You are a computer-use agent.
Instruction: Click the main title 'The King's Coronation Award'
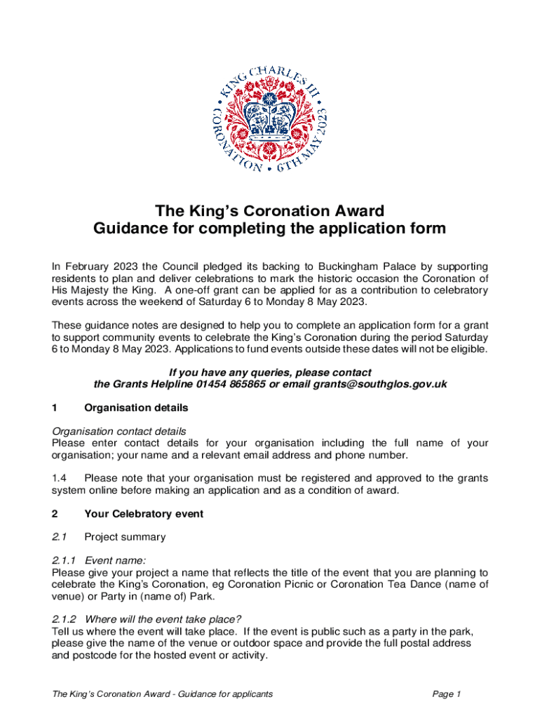pos(270,211)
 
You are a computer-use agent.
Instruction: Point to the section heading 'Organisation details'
pos(136,407)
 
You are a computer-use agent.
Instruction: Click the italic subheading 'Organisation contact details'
pos(119,431)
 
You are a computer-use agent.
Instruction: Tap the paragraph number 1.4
pos(60,478)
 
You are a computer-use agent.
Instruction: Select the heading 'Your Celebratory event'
pos(144,514)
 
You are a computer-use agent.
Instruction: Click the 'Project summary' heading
pos(125,537)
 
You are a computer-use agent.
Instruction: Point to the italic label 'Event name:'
pos(116,560)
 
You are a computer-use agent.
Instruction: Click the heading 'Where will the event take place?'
pos(163,618)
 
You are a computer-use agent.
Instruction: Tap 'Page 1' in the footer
pos(447,694)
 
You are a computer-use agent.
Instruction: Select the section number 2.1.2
pos(65,618)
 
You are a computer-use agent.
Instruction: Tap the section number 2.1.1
pos(65,560)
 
